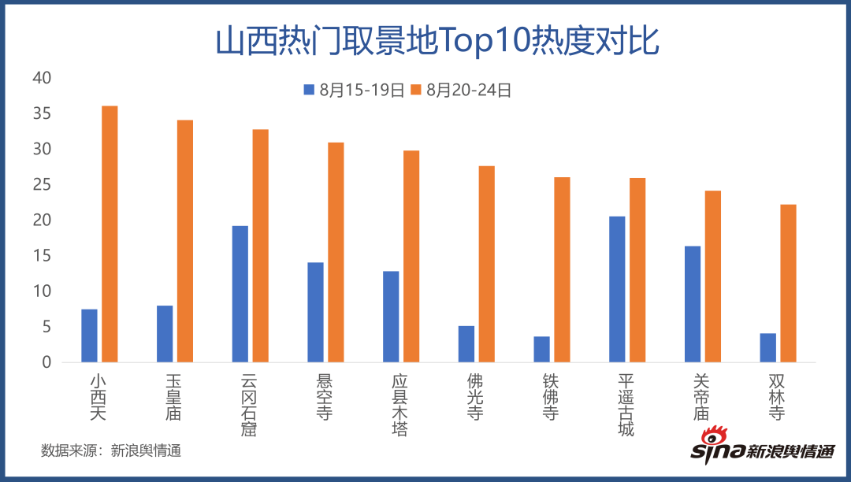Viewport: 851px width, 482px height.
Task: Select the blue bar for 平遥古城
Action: click(617, 289)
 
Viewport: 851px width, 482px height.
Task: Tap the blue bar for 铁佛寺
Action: click(541, 349)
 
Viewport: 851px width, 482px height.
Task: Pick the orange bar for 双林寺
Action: click(788, 284)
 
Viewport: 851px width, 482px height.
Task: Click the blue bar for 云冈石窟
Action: click(240, 294)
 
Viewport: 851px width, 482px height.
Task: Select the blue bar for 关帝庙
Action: click(693, 304)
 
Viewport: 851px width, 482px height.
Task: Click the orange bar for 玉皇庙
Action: click(185, 241)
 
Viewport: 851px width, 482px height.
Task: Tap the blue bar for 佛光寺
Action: click(466, 343)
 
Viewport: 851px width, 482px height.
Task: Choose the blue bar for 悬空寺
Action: click(315, 312)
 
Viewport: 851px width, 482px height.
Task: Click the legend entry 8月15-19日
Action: click(354, 90)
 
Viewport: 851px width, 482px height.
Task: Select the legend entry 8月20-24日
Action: click(461, 90)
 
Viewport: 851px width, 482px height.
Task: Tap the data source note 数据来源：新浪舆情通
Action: click(111, 451)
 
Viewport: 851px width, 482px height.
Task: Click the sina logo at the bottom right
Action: click(761, 447)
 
